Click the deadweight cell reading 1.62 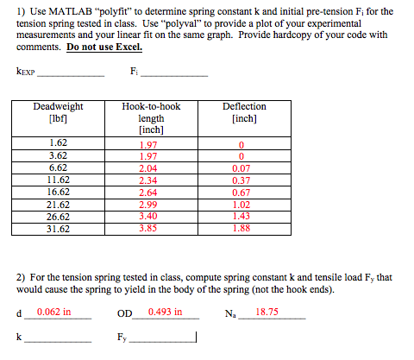pos(59,142)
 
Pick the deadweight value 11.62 pos(59,180)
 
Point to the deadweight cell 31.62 pos(59,229)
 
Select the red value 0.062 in pos(53,312)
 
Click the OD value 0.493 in pos(166,312)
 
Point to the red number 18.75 pos(268,312)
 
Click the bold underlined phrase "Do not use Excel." pos(104,47)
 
